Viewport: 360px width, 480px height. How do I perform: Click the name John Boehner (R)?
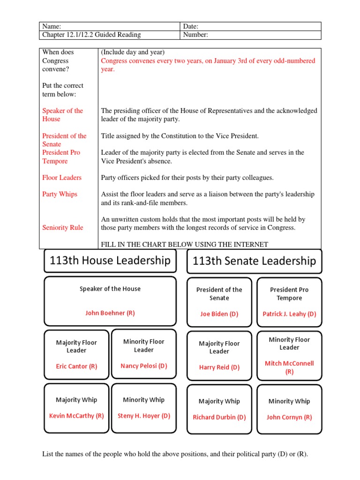(110, 313)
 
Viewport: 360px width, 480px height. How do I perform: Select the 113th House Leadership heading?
(110, 261)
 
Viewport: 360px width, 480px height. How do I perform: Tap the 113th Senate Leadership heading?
(255, 261)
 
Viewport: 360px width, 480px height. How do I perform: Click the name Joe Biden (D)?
(219, 314)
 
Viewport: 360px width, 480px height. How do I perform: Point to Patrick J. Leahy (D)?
(289, 314)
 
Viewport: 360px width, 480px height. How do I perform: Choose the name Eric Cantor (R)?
(76, 367)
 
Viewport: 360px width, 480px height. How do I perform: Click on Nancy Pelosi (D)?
(143, 366)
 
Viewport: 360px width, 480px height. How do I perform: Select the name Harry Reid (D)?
(219, 367)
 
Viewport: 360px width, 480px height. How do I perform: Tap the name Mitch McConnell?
(289, 363)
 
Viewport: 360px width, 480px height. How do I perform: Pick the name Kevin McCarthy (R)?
(76, 416)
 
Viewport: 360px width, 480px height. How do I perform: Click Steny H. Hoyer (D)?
(143, 416)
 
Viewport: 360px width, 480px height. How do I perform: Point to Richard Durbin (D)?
(219, 417)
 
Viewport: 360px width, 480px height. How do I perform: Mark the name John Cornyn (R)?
(289, 417)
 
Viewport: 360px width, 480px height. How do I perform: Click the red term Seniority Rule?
(62, 228)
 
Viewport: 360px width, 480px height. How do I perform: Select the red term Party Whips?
(60, 194)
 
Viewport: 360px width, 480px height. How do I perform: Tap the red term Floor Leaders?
(62, 178)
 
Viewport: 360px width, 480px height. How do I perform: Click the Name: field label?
(52, 27)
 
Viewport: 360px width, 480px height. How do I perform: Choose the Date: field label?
(191, 27)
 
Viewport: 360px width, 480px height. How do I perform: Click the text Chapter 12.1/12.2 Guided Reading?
(91, 35)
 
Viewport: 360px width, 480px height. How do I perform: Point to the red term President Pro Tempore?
(61, 157)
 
